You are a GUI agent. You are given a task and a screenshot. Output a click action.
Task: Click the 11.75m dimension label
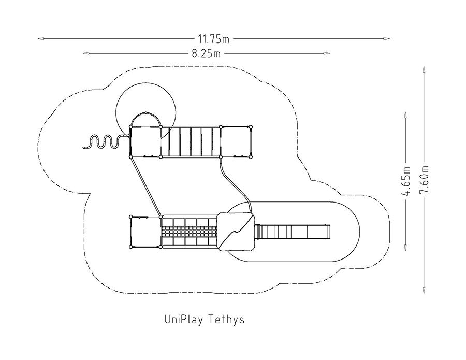[x=214, y=39]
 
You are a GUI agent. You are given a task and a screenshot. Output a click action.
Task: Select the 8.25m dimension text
[x=206, y=53]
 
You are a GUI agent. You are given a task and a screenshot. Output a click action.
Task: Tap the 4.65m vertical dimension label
[x=405, y=181]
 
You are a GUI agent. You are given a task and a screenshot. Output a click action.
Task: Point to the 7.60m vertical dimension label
[x=424, y=179]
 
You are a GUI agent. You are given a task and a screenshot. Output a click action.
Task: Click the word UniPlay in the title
[x=184, y=320]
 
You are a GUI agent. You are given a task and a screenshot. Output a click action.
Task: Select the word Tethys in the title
[x=226, y=320]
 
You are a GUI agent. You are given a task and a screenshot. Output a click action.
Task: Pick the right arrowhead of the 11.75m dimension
[x=386, y=39]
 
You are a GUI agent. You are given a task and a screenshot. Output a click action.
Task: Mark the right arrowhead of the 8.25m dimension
[x=326, y=53]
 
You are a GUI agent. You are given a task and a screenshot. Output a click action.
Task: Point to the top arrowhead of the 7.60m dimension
[x=424, y=70]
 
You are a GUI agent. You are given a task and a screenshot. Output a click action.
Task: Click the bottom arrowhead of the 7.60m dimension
[x=424, y=291]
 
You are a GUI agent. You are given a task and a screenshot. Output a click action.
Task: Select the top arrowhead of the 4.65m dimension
[x=405, y=116]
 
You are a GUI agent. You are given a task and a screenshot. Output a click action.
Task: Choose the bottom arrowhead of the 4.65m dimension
[x=405, y=247]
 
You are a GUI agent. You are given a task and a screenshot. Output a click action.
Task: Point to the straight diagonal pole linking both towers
[x=145, y=186]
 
